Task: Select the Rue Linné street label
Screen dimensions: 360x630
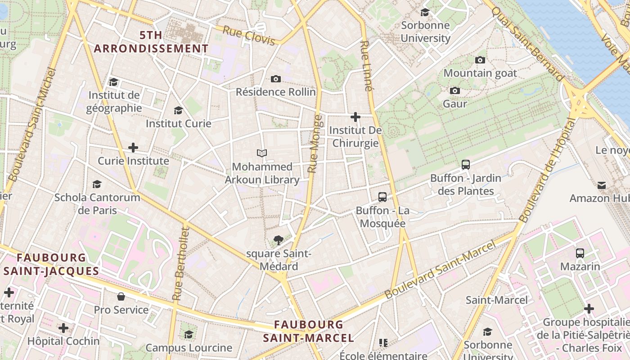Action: click(x=367, y=66)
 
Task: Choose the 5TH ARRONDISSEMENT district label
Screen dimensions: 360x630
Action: click(x=151, y=42)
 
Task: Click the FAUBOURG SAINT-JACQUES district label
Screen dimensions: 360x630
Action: click(x=51, y=264)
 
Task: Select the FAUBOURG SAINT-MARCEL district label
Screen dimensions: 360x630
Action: click(x=309, y=331)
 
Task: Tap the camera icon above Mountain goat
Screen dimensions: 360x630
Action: click(x=480, y=60)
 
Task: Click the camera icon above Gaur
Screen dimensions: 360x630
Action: click(x=455, y=90)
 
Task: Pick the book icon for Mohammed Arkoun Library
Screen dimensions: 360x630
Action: click(x=262, y=153)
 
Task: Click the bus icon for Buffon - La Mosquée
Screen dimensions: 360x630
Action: click(x=382, y=197)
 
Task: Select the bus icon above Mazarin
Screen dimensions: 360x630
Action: click(x=580, y=253)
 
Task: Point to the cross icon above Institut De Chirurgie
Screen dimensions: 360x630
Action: click(x=355, y=117)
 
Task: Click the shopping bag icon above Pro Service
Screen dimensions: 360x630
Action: click(x=121, y=296)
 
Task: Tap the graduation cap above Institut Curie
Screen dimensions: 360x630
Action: click(x=179, y=110)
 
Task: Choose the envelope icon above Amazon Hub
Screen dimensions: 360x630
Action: click(x=602, y=185)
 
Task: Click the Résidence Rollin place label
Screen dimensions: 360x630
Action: click(x=276, y=92)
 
